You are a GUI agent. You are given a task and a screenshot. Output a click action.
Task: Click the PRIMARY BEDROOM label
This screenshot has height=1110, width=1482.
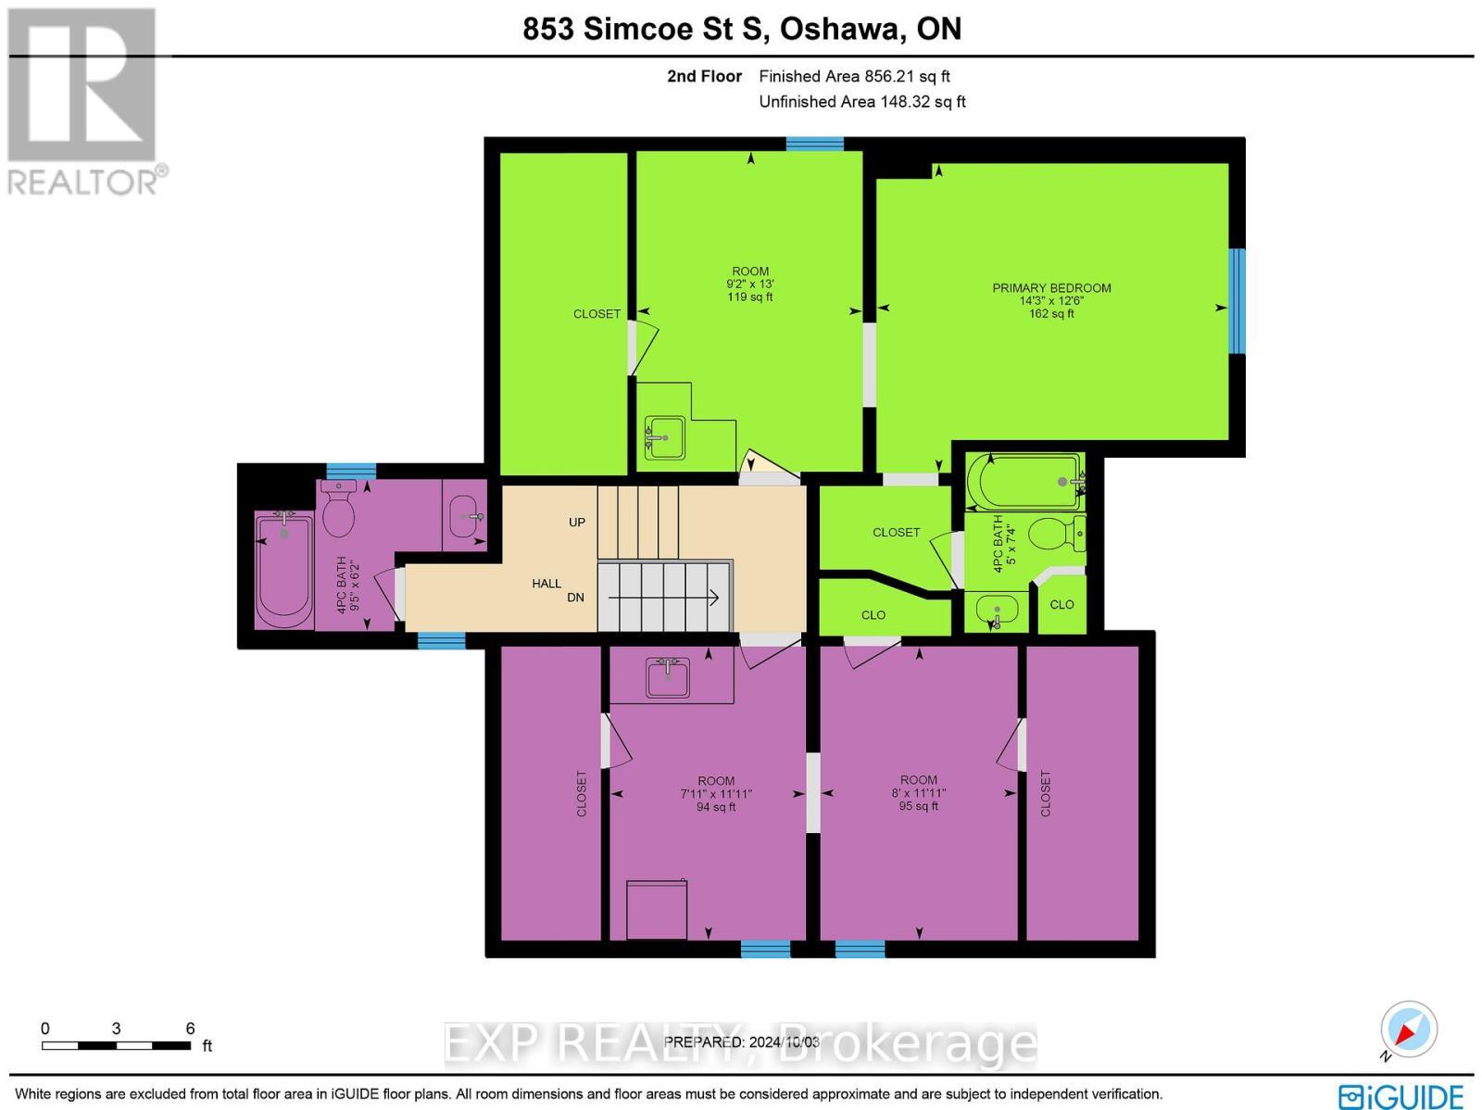click(1051, 288)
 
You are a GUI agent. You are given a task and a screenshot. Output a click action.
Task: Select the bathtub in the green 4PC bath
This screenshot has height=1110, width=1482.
click(1024, 481)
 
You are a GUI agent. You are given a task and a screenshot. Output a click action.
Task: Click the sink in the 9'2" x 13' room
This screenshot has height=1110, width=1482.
click(664, 437)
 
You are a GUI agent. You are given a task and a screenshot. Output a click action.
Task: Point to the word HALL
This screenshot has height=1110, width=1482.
click(546, 583)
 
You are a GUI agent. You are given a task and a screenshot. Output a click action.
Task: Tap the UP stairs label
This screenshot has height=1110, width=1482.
click(577, 522)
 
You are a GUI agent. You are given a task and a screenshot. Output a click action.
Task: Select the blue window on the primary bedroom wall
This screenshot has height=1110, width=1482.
click(1237, 301)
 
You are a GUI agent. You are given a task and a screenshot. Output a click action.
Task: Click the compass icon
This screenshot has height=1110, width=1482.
click(1408, 1029)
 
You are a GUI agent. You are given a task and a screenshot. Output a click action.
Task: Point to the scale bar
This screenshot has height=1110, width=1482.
click(117, 1045)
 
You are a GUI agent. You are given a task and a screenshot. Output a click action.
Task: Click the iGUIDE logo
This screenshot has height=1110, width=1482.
click(1400, 1095)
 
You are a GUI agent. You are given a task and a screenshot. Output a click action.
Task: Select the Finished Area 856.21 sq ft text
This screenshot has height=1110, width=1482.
click(854, 77)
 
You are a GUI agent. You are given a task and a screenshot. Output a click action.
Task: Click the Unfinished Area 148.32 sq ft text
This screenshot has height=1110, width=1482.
click(861, 102)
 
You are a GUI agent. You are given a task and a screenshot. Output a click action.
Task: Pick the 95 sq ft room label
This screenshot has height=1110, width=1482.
click(918, 806)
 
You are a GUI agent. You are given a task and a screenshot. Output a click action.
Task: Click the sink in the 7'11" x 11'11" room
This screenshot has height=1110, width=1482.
click(668, 678)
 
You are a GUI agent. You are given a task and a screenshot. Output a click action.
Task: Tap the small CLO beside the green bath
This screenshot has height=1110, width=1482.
click(1061, 605)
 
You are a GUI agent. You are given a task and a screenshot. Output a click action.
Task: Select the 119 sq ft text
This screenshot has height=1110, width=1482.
click(749, 297)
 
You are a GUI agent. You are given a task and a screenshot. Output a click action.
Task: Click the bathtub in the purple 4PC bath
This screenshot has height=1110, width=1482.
click(283, 570)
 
